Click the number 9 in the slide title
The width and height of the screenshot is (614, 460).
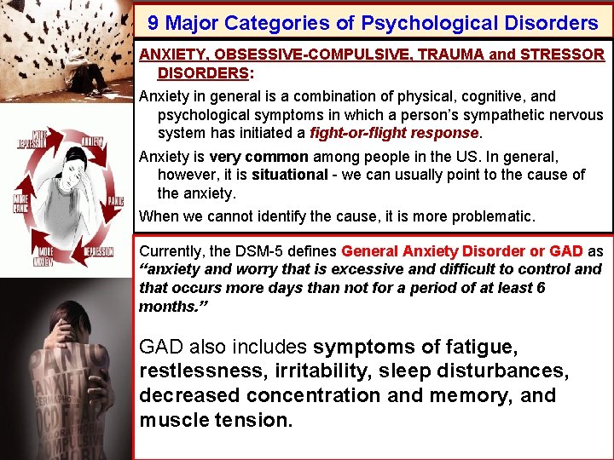(x=153, y=22)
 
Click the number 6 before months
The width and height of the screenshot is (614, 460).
(x=539, y=287)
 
